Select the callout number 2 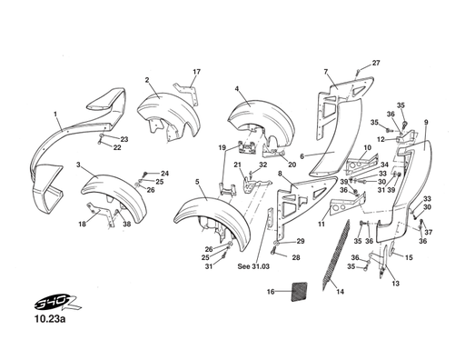(146, 80)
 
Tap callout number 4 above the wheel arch (236, 88)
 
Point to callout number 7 (325, 71)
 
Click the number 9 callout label (425, 122)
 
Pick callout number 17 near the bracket (195, 71)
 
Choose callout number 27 (376, 62)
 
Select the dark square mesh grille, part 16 (302, 292)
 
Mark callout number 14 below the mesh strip (340, 292)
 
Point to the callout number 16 (271, 292)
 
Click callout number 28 (295, 258)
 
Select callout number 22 (117, 148)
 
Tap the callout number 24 (164, 173)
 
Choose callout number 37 (430, 233)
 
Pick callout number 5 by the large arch (197, 183)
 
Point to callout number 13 (395, 284)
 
